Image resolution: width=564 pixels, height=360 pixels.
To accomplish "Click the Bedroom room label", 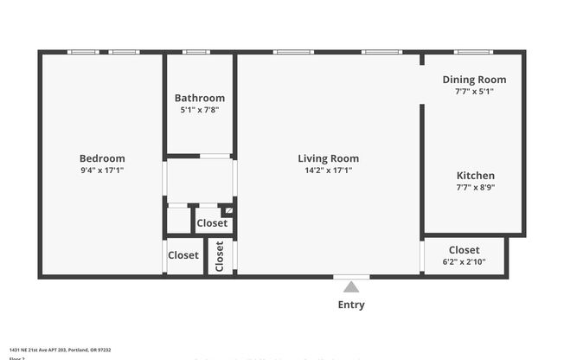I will [102, 158].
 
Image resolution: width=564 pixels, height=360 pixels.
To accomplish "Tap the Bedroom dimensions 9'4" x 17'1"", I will [102, 170].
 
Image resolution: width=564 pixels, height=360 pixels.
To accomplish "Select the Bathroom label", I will [200, 98].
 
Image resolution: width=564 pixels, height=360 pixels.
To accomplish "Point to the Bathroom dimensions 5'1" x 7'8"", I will [200, 110].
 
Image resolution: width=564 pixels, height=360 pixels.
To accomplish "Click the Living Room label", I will [329, 158].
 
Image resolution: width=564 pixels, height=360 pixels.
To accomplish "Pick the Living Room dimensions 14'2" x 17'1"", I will [329, 170].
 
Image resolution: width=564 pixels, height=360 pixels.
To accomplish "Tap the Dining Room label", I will [474, 80].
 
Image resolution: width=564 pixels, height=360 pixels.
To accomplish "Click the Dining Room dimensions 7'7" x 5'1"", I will [474, 91].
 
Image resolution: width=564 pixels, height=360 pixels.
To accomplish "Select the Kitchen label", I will [476, 176].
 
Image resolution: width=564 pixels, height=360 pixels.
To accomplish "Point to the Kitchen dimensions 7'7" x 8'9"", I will [476, 187].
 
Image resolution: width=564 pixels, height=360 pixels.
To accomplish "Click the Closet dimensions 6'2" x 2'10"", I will [465, 261].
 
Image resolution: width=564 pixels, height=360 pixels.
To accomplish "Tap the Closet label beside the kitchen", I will [465, 250].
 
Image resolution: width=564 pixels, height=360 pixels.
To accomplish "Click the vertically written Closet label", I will [220, 256].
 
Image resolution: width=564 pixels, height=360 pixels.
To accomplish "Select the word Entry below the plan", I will [351, 305].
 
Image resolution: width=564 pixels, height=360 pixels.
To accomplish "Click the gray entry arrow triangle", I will [351, 287].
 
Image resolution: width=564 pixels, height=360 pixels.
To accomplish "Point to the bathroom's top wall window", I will [196, 52].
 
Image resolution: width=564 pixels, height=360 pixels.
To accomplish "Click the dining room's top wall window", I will [473, 52].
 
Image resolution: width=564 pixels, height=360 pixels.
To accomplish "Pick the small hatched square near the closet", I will [228, 210].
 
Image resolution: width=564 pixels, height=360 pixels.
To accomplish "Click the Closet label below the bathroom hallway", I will [212, 223].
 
